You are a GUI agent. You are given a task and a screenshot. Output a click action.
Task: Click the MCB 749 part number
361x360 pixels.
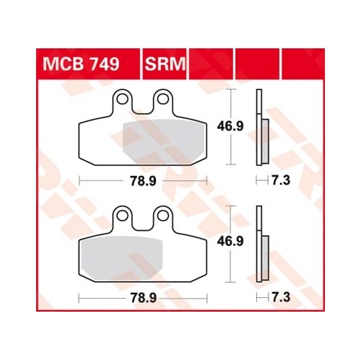point(81,64)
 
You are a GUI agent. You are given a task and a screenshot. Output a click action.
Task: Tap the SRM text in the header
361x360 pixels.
point(165,64)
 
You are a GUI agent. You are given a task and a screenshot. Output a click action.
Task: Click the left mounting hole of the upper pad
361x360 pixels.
point(122,99)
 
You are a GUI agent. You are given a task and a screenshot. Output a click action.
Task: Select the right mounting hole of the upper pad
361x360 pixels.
point(163,99)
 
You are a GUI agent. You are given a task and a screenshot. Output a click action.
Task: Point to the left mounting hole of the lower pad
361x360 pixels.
point(122,216)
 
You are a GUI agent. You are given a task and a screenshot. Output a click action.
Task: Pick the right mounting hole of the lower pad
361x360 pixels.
point(163,216)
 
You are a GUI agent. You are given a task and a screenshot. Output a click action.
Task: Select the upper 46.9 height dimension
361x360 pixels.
point(230,126)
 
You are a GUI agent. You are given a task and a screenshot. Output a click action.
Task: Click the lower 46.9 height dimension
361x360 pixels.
point(230,241)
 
